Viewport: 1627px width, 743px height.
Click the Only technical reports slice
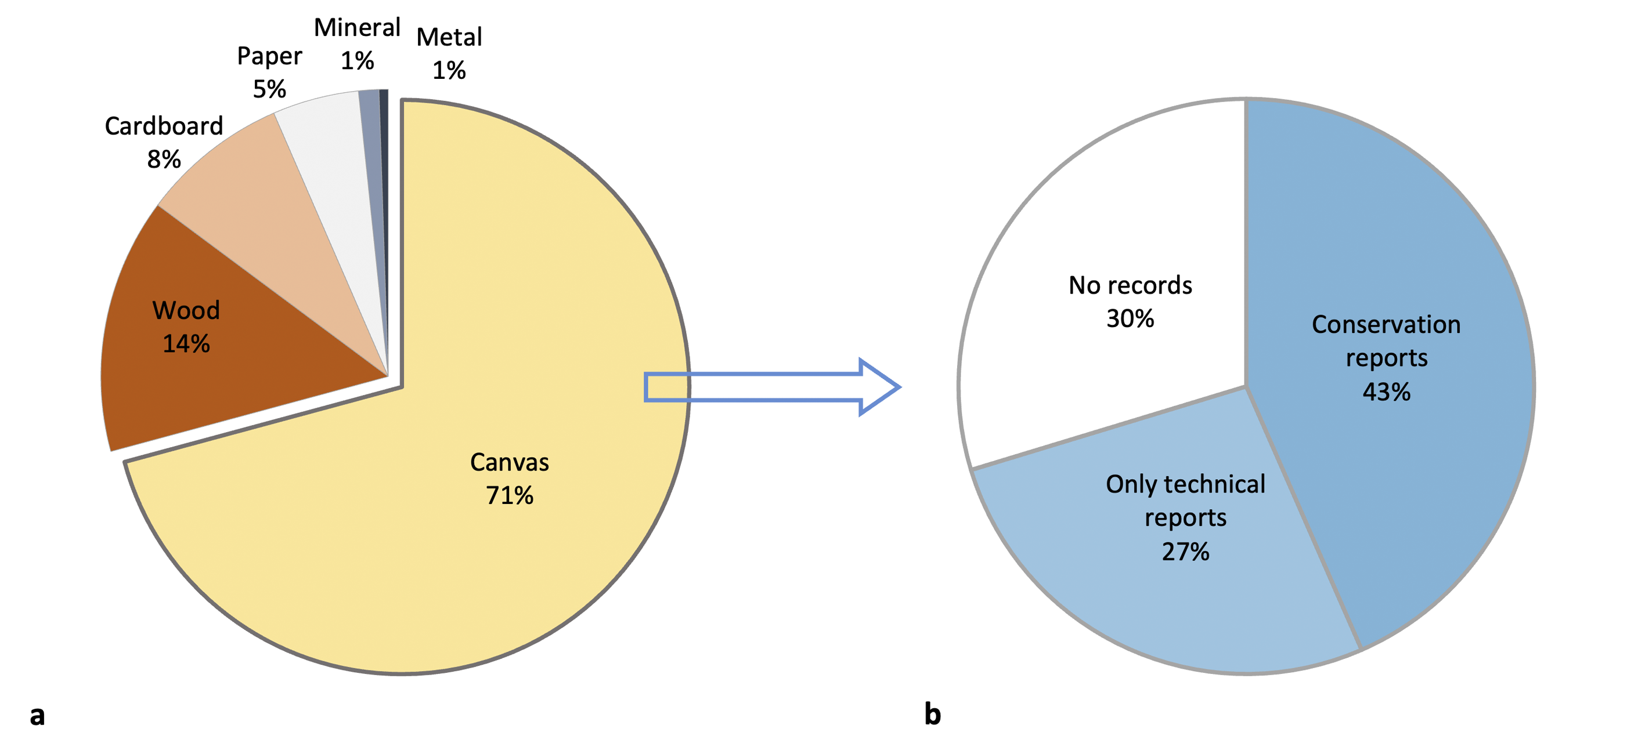pyautogui.click(x=1168, y=600)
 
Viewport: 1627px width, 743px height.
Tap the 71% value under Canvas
pyautogui.click(x=509, y=495)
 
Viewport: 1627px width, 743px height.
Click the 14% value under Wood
pyautogui.click(x=186, y=344)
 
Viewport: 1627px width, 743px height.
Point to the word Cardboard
pyautogui.click(x=164, y=126)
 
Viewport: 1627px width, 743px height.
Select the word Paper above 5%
pyautogui.click(x=270, y=57)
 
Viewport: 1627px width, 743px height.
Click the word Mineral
pyautogui.click(x=357, y=28)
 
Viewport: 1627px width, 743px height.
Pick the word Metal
pyautogui.click(x=449, y=37)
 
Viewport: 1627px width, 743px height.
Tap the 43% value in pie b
pyautogui.click(x=1386, y=392)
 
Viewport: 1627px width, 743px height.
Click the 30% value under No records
pyautogui.click(x=1130, y=319)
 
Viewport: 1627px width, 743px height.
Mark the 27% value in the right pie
pyautogui.click(x=1185, y=552)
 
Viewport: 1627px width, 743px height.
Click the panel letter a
pyautogui.click(x=37, y=715)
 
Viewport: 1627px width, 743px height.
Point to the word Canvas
pyautogui.click(x=509, y=463)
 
